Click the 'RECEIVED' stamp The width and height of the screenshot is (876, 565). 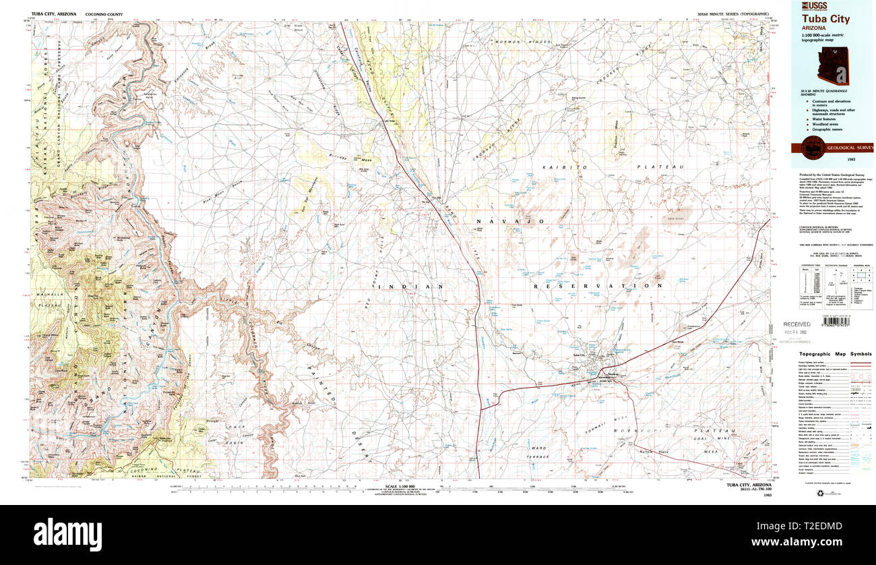pos(798,324)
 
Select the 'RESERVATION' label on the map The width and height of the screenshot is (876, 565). pos(595,286)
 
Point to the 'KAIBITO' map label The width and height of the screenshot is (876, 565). pos(570,167)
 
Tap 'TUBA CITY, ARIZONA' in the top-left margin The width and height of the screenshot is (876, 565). pos(54,13)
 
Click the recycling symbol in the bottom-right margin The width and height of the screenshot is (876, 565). pos(820,494)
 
